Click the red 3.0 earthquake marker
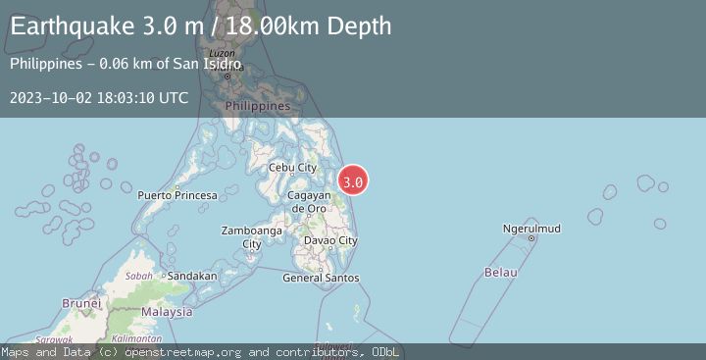[x=353, y=181]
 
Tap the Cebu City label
[x=292, y=168]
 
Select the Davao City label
[x=329, y=240]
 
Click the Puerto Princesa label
[x=177, y=195]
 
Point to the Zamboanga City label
[x=253, y=237]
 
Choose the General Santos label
[x=321, y=278]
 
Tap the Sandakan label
[x=191, y=276]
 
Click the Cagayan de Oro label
[x=308, y=202]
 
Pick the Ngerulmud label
[x=530, y=229]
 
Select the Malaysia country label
[x=166, y=312]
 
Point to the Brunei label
[x=81, y=303]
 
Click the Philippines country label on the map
[x=258, y=105]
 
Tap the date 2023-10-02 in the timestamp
[x=49, y=97]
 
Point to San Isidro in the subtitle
[x=209, y=64]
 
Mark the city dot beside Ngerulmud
[x=531, y=238]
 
